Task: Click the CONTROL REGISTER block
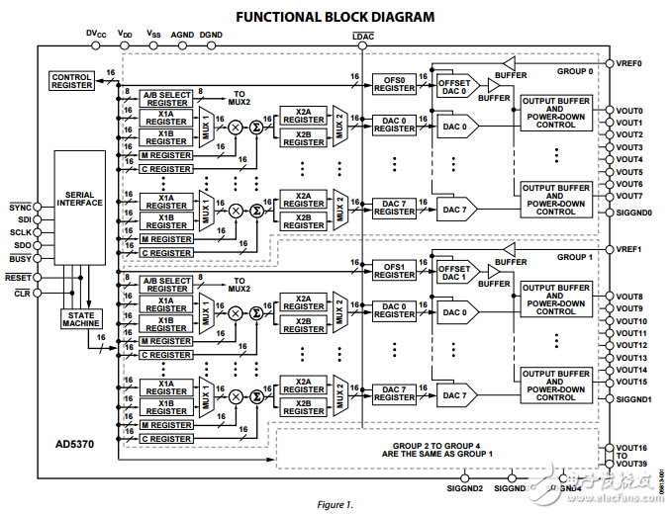[x=71, y=81]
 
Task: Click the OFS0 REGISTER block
[x=395, y=83]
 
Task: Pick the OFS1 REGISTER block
[x=395, y=270]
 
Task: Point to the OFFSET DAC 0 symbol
[x=454, y=88]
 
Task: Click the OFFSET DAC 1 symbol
[x=454, y=274]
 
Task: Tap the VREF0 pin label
[x=629, y=62]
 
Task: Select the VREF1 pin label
[x=629, y=249]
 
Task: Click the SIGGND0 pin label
[x=633, y=213]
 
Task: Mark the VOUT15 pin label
[x=630, y=382]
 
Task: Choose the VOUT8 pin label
[x=629, y=297]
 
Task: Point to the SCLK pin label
[x=20, y=231]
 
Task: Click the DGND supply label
[x=211, y=35]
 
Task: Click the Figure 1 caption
[x=335, y=505]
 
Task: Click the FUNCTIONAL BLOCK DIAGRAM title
[x=335, y=16]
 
